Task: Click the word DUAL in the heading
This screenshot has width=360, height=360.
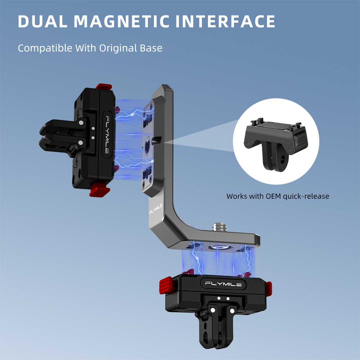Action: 43,21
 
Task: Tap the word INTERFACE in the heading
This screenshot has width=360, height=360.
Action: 225,21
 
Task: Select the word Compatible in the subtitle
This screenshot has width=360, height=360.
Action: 45,49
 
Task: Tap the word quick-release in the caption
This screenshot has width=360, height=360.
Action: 306,197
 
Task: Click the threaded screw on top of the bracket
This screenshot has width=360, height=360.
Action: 220,226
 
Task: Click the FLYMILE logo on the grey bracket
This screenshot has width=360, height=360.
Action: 156,208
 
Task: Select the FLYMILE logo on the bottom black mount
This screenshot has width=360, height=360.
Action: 223,284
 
